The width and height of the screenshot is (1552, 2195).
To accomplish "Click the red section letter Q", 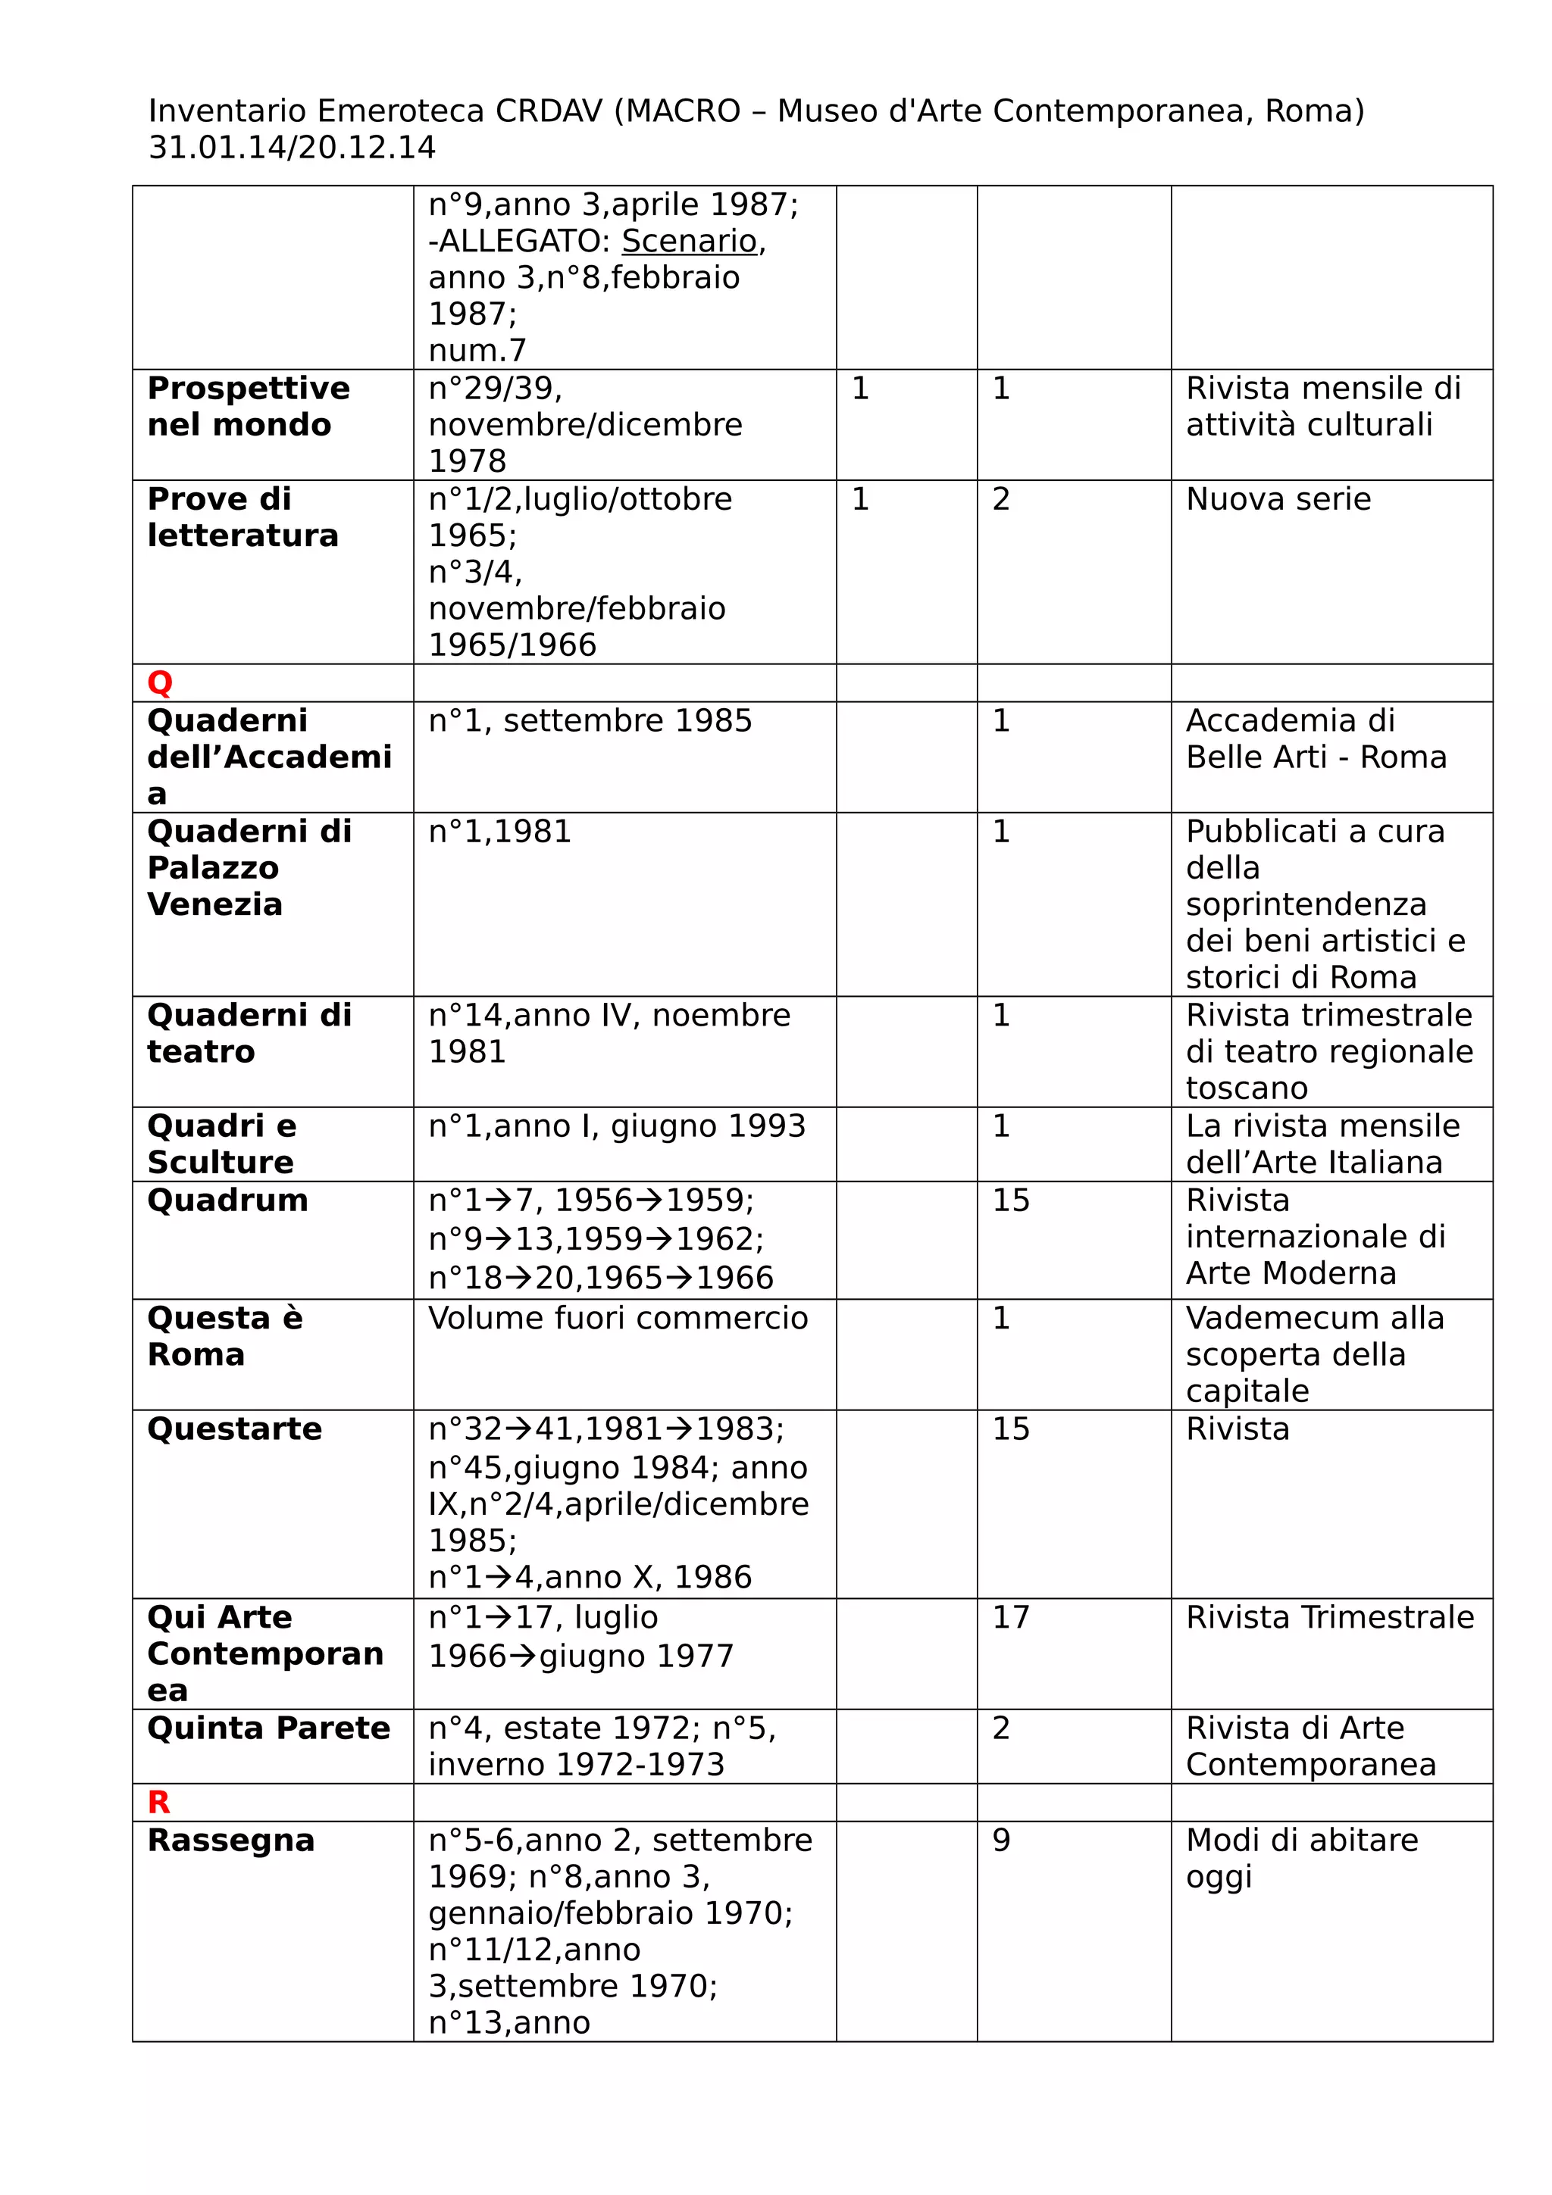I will (160, 682).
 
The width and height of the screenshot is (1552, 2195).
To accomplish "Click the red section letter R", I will (158, 1802).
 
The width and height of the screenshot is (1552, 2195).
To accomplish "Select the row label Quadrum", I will (227, 1200).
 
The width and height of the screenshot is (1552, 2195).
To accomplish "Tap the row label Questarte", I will (234, 1428).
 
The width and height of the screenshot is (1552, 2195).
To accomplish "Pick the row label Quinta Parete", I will (269, 1728).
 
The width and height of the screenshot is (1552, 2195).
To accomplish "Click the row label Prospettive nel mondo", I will (248, 406).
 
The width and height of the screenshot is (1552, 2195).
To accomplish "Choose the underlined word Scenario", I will (689, 241).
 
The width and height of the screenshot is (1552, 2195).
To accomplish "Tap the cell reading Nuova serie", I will (1278, 499).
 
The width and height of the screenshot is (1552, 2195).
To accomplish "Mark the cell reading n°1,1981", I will (499, 831).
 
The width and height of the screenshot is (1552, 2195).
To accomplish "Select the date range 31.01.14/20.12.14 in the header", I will (292, 147).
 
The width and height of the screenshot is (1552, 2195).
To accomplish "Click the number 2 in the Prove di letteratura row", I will (1001, 499).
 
